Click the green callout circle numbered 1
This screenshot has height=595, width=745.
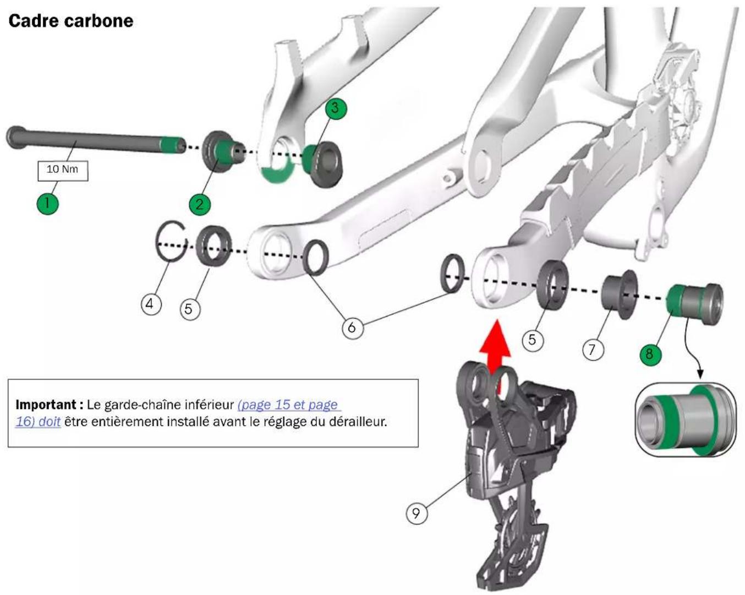pyautogui.click(x=47, y=203)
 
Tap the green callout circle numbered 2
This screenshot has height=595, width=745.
pyautogui.click(x=200, y=204)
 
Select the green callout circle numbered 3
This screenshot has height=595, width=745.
pyautogui.click(x=336, y=108)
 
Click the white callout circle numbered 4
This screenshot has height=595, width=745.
pyautogui.click(x=151, y=304)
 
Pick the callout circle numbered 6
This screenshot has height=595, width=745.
pyautogui.click(x=353, y=327)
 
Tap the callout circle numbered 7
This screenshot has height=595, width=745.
pyautogui.click(x=593, y=349)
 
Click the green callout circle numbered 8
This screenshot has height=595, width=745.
pyautogui.click(x=650, y=353)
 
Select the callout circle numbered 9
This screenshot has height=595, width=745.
pyautogui.click(x=417, y=513)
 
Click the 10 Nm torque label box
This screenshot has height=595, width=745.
pyautogui.click(x=63, y=171)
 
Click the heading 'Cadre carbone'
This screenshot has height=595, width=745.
pyautogui.click(x=71, y=21)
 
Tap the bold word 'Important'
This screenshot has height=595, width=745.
pyautogui.click(x=47, y=404)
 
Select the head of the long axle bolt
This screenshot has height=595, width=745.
pyautogui.click(x=14, y=138)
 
